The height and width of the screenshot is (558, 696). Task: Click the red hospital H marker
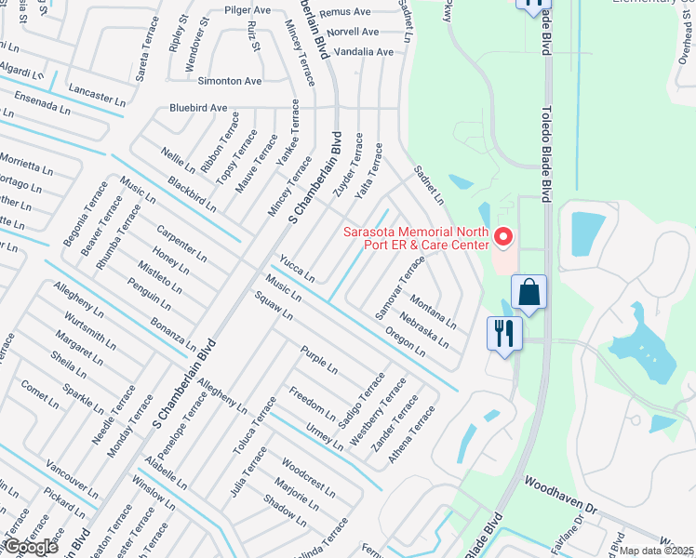[504, 239]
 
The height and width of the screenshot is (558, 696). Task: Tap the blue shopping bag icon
[529, 292]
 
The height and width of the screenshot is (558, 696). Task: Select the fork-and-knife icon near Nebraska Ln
[504, 332]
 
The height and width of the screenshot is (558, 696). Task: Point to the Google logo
[30, 547]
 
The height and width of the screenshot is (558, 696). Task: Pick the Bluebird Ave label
[198, 108]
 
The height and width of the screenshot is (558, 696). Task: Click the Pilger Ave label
[247, 10]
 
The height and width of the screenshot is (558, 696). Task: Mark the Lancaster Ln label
[97, 96]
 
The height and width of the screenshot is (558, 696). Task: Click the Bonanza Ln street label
[173, 334]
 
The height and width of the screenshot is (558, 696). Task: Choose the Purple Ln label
[319, 359]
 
